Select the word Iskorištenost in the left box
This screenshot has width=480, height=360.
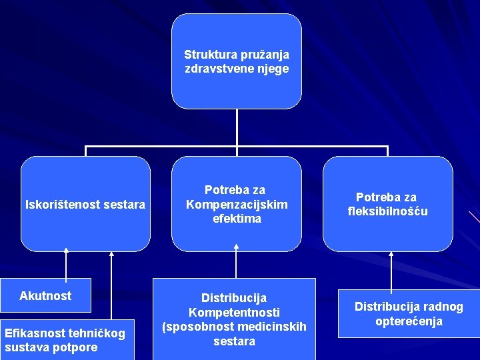click(63, 205)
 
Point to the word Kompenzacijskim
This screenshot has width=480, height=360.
click(237, 205)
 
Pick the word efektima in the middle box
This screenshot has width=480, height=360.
click(237, 219)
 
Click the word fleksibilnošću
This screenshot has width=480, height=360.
click(388, 211)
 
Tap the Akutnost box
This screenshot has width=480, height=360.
click(45, 295)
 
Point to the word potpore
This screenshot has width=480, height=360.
click(75, 347)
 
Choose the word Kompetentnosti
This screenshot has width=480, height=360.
click(234, 312)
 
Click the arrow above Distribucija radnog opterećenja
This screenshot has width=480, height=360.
click(391, 269)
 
